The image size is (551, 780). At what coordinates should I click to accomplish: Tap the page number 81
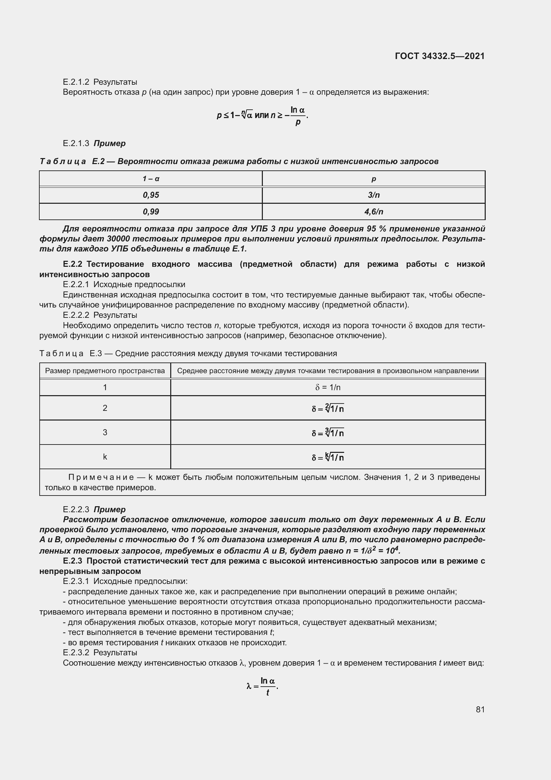[480, 709]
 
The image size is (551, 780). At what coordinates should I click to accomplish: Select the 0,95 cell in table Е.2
[151, 195]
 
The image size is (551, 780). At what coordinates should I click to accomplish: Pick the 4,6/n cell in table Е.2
[373, 212]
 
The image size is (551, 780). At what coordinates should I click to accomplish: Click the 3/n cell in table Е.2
[373, 195]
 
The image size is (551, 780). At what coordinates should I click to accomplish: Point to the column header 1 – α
[151, 179]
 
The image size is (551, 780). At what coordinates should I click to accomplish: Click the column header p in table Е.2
[373, 179]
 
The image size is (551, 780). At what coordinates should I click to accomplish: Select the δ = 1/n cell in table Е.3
[327, 387]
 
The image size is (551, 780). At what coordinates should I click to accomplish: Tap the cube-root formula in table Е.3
[328, 433]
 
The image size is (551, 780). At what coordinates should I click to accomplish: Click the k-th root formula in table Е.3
[328, 457]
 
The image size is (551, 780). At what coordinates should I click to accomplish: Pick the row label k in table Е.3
[105, 457]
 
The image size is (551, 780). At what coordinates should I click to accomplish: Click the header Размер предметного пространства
[105, 370]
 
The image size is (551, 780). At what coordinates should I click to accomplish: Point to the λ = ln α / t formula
[262, 686]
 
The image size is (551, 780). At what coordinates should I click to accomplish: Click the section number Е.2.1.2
[76, 82]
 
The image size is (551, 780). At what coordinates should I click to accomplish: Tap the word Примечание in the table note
[101, 477]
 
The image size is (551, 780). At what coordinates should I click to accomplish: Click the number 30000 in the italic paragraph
[118, 239]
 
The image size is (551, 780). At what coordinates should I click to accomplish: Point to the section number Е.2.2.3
[76, 510]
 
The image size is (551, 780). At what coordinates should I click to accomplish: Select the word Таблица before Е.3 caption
[61, 353]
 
